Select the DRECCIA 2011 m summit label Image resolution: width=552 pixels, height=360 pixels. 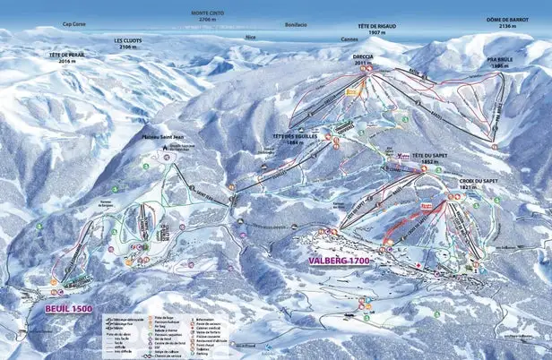click(x=363, y=59)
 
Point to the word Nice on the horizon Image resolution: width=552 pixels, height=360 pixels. click(x=249, y=38)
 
